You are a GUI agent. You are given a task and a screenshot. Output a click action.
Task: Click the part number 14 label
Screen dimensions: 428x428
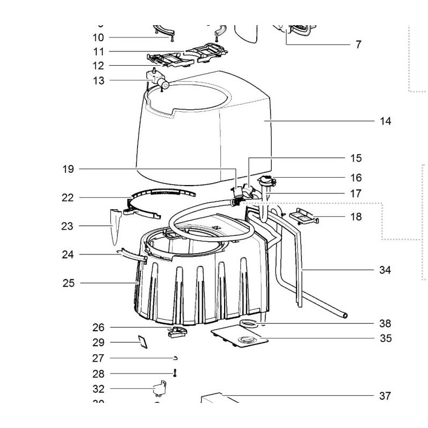(385, 121)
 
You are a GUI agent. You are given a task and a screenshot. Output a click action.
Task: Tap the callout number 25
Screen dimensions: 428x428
(68, 282)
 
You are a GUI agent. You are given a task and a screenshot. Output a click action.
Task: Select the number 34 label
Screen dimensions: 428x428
(385, 270)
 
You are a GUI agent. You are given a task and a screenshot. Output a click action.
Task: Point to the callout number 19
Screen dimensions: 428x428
(68, 170)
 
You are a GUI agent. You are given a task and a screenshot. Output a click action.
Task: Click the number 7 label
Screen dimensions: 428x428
(358, 44)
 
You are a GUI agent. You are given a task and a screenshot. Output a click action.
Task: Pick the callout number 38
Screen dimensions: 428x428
(385, 324)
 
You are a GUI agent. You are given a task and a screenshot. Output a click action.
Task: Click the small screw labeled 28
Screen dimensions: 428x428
(174, 373)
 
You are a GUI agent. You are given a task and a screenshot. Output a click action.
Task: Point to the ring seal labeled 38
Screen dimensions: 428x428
(248, 323)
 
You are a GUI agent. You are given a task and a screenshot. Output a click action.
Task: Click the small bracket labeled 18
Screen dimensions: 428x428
(303, 217)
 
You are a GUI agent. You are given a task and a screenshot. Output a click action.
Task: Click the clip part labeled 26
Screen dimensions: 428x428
(176, 332)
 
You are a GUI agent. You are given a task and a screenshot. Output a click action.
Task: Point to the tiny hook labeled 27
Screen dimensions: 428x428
(175, 358)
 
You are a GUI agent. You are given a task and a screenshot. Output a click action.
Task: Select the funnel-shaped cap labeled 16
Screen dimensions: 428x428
(266, 182)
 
